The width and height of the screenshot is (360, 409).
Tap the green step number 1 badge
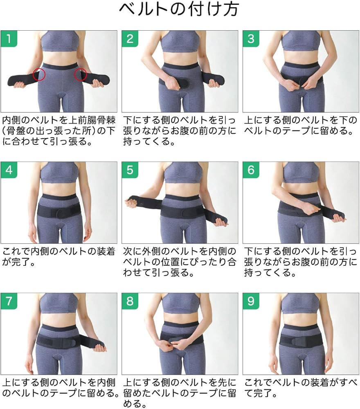coord(9,39)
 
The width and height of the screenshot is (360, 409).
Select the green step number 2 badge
coord(130,39)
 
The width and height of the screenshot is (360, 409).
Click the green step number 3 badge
coord(251,39)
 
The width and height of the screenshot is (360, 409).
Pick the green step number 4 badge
coord(9,170)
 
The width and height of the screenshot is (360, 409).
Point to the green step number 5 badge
coord(130,170)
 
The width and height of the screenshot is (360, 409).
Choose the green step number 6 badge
coord(251,170)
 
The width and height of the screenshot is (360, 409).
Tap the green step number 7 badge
coord(9,301)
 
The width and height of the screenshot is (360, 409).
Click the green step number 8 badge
coord(130,301)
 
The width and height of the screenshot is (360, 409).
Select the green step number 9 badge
coord(251,301)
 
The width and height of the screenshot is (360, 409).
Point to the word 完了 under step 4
coord(21,262)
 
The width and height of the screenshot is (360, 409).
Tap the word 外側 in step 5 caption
coord(151,252)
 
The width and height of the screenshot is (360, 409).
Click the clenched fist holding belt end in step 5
coord(132,202)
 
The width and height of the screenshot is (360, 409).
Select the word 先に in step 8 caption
coord(227,383)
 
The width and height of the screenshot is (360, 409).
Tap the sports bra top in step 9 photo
coord(301,303)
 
